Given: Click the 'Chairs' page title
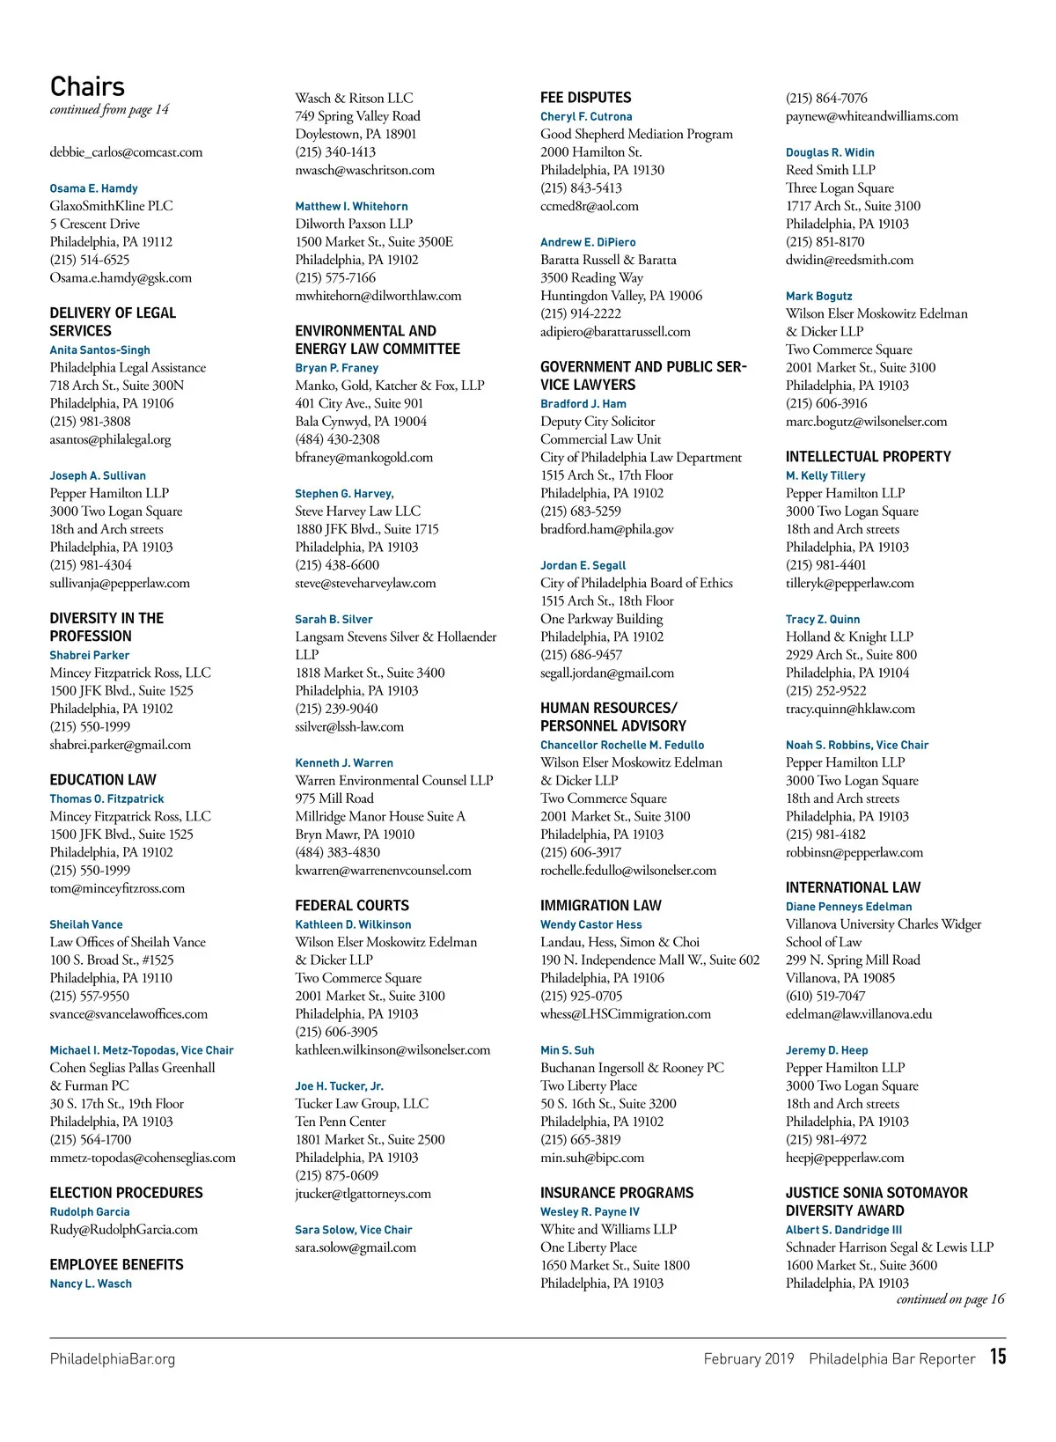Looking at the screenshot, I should tap(87, 86).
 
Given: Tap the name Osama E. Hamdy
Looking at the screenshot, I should tap(93, 188).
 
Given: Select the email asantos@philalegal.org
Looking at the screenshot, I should tap(110, 439).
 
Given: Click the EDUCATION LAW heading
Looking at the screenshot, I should tap(103, 780).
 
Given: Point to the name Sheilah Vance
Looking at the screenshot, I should tap(86, 924).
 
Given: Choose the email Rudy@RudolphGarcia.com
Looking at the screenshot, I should tap(123, 1230).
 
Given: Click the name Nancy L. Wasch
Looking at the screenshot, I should tap(91, 1284).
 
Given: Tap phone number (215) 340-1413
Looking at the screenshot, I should tap(335, 152).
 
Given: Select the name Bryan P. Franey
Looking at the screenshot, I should tap(336, 368).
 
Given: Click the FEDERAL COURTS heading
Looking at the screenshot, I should tap(352, 905).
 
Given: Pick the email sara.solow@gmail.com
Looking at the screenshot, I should tap(356, 1247).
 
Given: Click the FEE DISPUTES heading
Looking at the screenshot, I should tap(585, 98).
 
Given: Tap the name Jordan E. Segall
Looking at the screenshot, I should tap(583, 565).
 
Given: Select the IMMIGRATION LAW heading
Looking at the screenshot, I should tap(600, 905).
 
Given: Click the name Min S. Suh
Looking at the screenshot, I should tap(567, 1050).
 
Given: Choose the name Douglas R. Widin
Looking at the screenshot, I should tap(830, 152).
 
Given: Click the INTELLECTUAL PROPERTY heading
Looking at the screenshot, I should tap(868, 457).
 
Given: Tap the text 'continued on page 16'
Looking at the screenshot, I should tap(950, 1299).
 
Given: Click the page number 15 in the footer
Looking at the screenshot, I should tap(997, 1357).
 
